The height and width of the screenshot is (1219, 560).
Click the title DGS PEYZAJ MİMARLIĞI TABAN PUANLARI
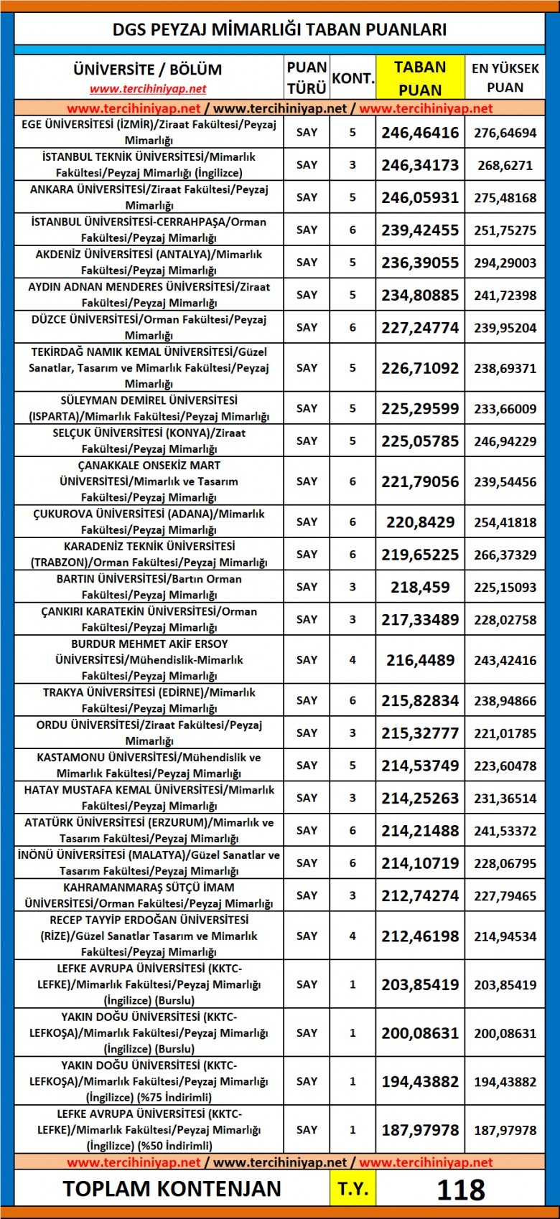[x=279, y=29]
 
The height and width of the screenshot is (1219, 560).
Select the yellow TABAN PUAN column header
[x=420, y=78]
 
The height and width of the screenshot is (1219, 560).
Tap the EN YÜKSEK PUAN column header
[x=505, y=78]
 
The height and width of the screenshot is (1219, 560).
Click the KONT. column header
[x=353, y=78]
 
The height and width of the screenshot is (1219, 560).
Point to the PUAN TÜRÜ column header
[x=307, y=78]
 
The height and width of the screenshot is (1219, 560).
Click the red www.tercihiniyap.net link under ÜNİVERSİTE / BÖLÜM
[x=148, y=89]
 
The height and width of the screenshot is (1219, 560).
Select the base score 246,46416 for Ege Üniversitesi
[x=420, y=133]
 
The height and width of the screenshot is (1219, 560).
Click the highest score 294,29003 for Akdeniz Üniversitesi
[x=505, y=263]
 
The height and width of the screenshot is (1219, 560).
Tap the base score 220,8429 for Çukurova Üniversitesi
[x=420, y=522]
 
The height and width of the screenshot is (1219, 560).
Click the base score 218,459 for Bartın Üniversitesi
[x=420, y=587]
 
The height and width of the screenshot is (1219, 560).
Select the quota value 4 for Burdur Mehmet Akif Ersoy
[x=353, y=660]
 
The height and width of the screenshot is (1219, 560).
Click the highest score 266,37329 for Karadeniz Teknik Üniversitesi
[x=505, y=555]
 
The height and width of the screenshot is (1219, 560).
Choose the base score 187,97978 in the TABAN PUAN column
[x=420, y=1130]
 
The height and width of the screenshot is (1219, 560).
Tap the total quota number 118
[x=460, y=1189]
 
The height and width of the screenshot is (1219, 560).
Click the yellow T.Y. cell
[x=353, y=1189]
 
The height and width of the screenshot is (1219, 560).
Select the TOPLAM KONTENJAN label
[x=172, y=1189]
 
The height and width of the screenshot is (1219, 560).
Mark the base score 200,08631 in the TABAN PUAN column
[x=420, y=1033]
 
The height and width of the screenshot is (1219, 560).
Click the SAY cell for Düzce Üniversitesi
[x=307, y=327]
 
